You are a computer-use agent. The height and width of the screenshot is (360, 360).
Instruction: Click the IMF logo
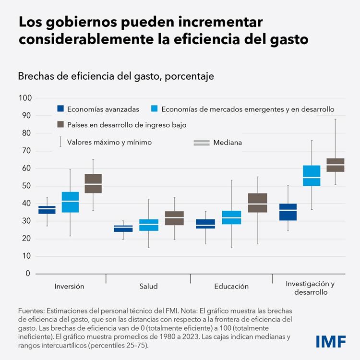(x=332, y=341)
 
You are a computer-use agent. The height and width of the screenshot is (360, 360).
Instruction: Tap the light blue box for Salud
(x=149, y=225)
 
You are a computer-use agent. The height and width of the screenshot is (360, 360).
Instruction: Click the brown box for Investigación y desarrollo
(x=336, y=165)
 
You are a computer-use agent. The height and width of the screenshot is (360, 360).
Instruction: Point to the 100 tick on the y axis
(x=25, y=98)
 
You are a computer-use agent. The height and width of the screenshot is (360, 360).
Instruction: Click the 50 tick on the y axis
(x=27, y=186)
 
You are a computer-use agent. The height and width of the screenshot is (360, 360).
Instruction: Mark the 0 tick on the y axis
(x=28, y=274)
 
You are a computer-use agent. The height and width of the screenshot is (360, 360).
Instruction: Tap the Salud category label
(x=148, y=287)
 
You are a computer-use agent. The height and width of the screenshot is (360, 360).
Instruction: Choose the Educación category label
(x=231, y=287)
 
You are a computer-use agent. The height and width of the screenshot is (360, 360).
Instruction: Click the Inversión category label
(x=69, y=287)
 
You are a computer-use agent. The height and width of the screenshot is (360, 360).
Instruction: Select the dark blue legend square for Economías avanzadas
(x=60, y=109)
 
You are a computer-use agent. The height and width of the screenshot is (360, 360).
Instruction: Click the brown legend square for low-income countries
(x=60, y=125)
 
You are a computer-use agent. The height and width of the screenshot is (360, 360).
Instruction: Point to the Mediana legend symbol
(x=202, y=143)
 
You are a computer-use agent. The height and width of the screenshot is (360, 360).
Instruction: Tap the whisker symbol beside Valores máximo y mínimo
(x=60, y=142)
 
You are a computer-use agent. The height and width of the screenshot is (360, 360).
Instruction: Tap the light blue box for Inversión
(x=71, y=202)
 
